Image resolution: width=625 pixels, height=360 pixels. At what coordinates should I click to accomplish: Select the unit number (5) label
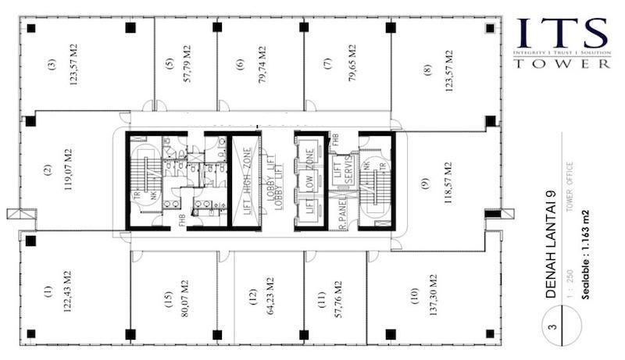click(169, 65)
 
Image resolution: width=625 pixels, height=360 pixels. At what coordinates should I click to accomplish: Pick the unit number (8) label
click(427, 70)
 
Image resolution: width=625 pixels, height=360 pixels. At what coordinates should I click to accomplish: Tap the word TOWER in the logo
click(560, 64)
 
